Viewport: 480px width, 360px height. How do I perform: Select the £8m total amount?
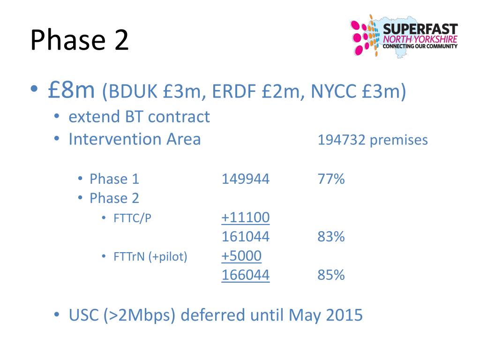[71, 90]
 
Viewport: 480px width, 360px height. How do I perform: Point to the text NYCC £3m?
[354, 92]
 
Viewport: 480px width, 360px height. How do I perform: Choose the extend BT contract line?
[139, 117]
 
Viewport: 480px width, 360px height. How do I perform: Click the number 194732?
[341, 140]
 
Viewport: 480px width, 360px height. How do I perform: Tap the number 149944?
[245, 179]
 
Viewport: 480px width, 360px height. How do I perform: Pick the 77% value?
[331, 179]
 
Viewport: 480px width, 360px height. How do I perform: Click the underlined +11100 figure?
[245, 217]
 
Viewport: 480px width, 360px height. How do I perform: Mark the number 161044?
[245, 237]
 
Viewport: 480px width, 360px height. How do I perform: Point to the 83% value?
[331, 237]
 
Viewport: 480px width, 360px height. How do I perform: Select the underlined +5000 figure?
[241, 256]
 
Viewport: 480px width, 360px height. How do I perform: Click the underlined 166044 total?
[245, 275]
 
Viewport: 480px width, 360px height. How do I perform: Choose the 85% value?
[331, 275]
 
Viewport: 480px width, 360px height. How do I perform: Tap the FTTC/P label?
[133, 218]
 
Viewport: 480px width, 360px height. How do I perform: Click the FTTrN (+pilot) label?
[150, 257]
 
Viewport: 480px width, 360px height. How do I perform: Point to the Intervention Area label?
[135, 139]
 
